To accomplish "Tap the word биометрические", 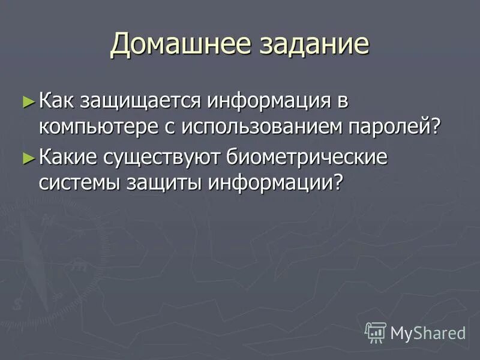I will click(x=308, y=158).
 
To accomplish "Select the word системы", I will click(x=79, y=183).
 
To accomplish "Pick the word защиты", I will click(x=164, y=183).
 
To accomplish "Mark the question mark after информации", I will click(x=341, y=183).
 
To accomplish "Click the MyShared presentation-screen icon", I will click(x=376, y=332).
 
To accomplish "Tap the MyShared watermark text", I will click(x=428, y=332).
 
